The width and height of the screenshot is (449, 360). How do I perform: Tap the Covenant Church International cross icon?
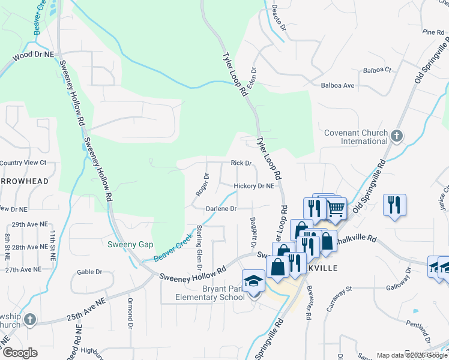click(396, 136)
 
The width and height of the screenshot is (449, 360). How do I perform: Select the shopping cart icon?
click(336, 208)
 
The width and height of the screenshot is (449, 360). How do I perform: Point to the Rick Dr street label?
click(241, 163)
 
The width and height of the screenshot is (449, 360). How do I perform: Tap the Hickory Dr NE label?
click(254, 186)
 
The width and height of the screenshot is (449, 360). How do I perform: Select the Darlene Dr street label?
click(221, 209)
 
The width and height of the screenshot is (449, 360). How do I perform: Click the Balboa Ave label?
click(337, 86)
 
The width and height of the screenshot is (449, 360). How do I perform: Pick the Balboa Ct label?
click(377, 70)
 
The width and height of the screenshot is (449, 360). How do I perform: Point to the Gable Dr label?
click(89, 272)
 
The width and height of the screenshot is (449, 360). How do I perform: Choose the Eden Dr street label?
click(251, 76)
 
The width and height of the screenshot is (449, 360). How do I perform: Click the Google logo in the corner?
click(19, 353)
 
